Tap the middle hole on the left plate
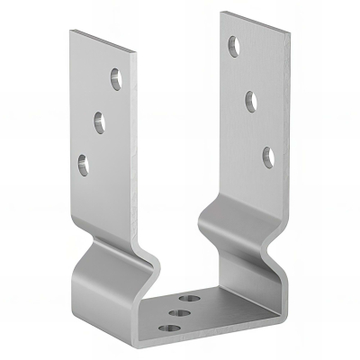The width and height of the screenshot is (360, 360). point(98,119)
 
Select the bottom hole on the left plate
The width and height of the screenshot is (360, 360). point(85,163)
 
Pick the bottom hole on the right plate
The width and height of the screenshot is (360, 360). point(268,155)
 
